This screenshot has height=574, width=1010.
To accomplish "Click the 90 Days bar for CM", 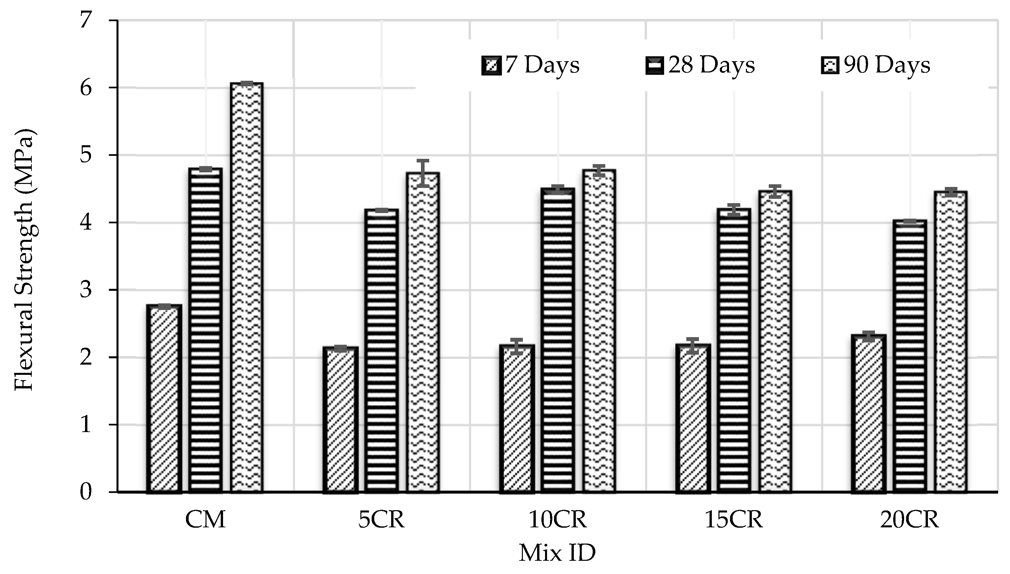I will click(x=247, y=288).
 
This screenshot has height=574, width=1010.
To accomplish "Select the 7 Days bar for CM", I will click(x=164, y=398).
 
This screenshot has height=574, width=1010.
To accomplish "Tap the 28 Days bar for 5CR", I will click(x=381, y=351).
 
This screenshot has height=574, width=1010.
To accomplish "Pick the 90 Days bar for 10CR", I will click(x=599, y=331).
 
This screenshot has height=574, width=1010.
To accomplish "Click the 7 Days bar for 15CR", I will click(x=693, y=418).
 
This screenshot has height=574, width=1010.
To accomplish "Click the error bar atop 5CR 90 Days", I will click(x=423, y=173).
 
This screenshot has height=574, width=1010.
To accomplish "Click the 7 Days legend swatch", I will click(x=491, y=66).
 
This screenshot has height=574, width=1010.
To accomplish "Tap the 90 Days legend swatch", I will click(x=830, y=66).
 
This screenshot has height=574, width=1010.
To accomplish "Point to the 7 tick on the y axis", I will click(x=86, y=20).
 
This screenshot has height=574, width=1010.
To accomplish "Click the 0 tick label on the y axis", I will click(x=86, y=492).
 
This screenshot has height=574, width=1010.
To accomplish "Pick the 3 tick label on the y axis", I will click(x=86, y=290).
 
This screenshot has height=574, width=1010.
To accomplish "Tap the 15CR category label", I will click(x=734, y=520).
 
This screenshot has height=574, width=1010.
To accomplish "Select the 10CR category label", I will click(x=557, y=520).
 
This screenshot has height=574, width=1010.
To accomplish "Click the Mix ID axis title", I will click(x=557, y=553).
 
